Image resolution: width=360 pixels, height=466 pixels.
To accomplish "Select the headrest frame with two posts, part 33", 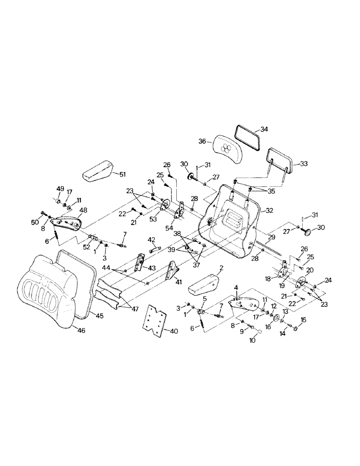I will pyautogui.click(x=279, y=161).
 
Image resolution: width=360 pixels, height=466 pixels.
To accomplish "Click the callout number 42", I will pyautogui.click(x=152, y=240).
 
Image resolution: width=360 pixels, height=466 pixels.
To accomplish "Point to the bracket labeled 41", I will pyautogui.click(x=173, y=273).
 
